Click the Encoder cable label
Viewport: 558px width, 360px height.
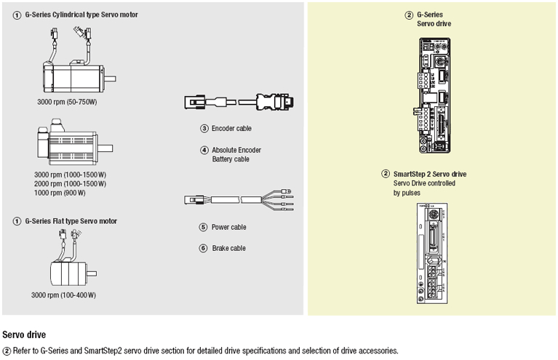coord(231,128)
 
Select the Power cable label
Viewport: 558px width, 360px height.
coord(228,227)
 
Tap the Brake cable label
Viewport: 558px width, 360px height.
coord(228,248)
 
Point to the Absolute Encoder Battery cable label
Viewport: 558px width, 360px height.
coord(236,154)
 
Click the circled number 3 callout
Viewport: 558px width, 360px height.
coord(204,128)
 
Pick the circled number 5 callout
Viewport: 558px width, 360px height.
coord(204,227)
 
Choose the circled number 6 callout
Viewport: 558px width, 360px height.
coord(204,248)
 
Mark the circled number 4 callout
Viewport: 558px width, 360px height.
coord(204,150)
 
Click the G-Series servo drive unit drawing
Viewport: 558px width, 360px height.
coord(436,94)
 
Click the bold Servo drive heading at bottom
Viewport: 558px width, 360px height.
coord(25,335)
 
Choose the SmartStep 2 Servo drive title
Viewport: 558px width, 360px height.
coord(429,174)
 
